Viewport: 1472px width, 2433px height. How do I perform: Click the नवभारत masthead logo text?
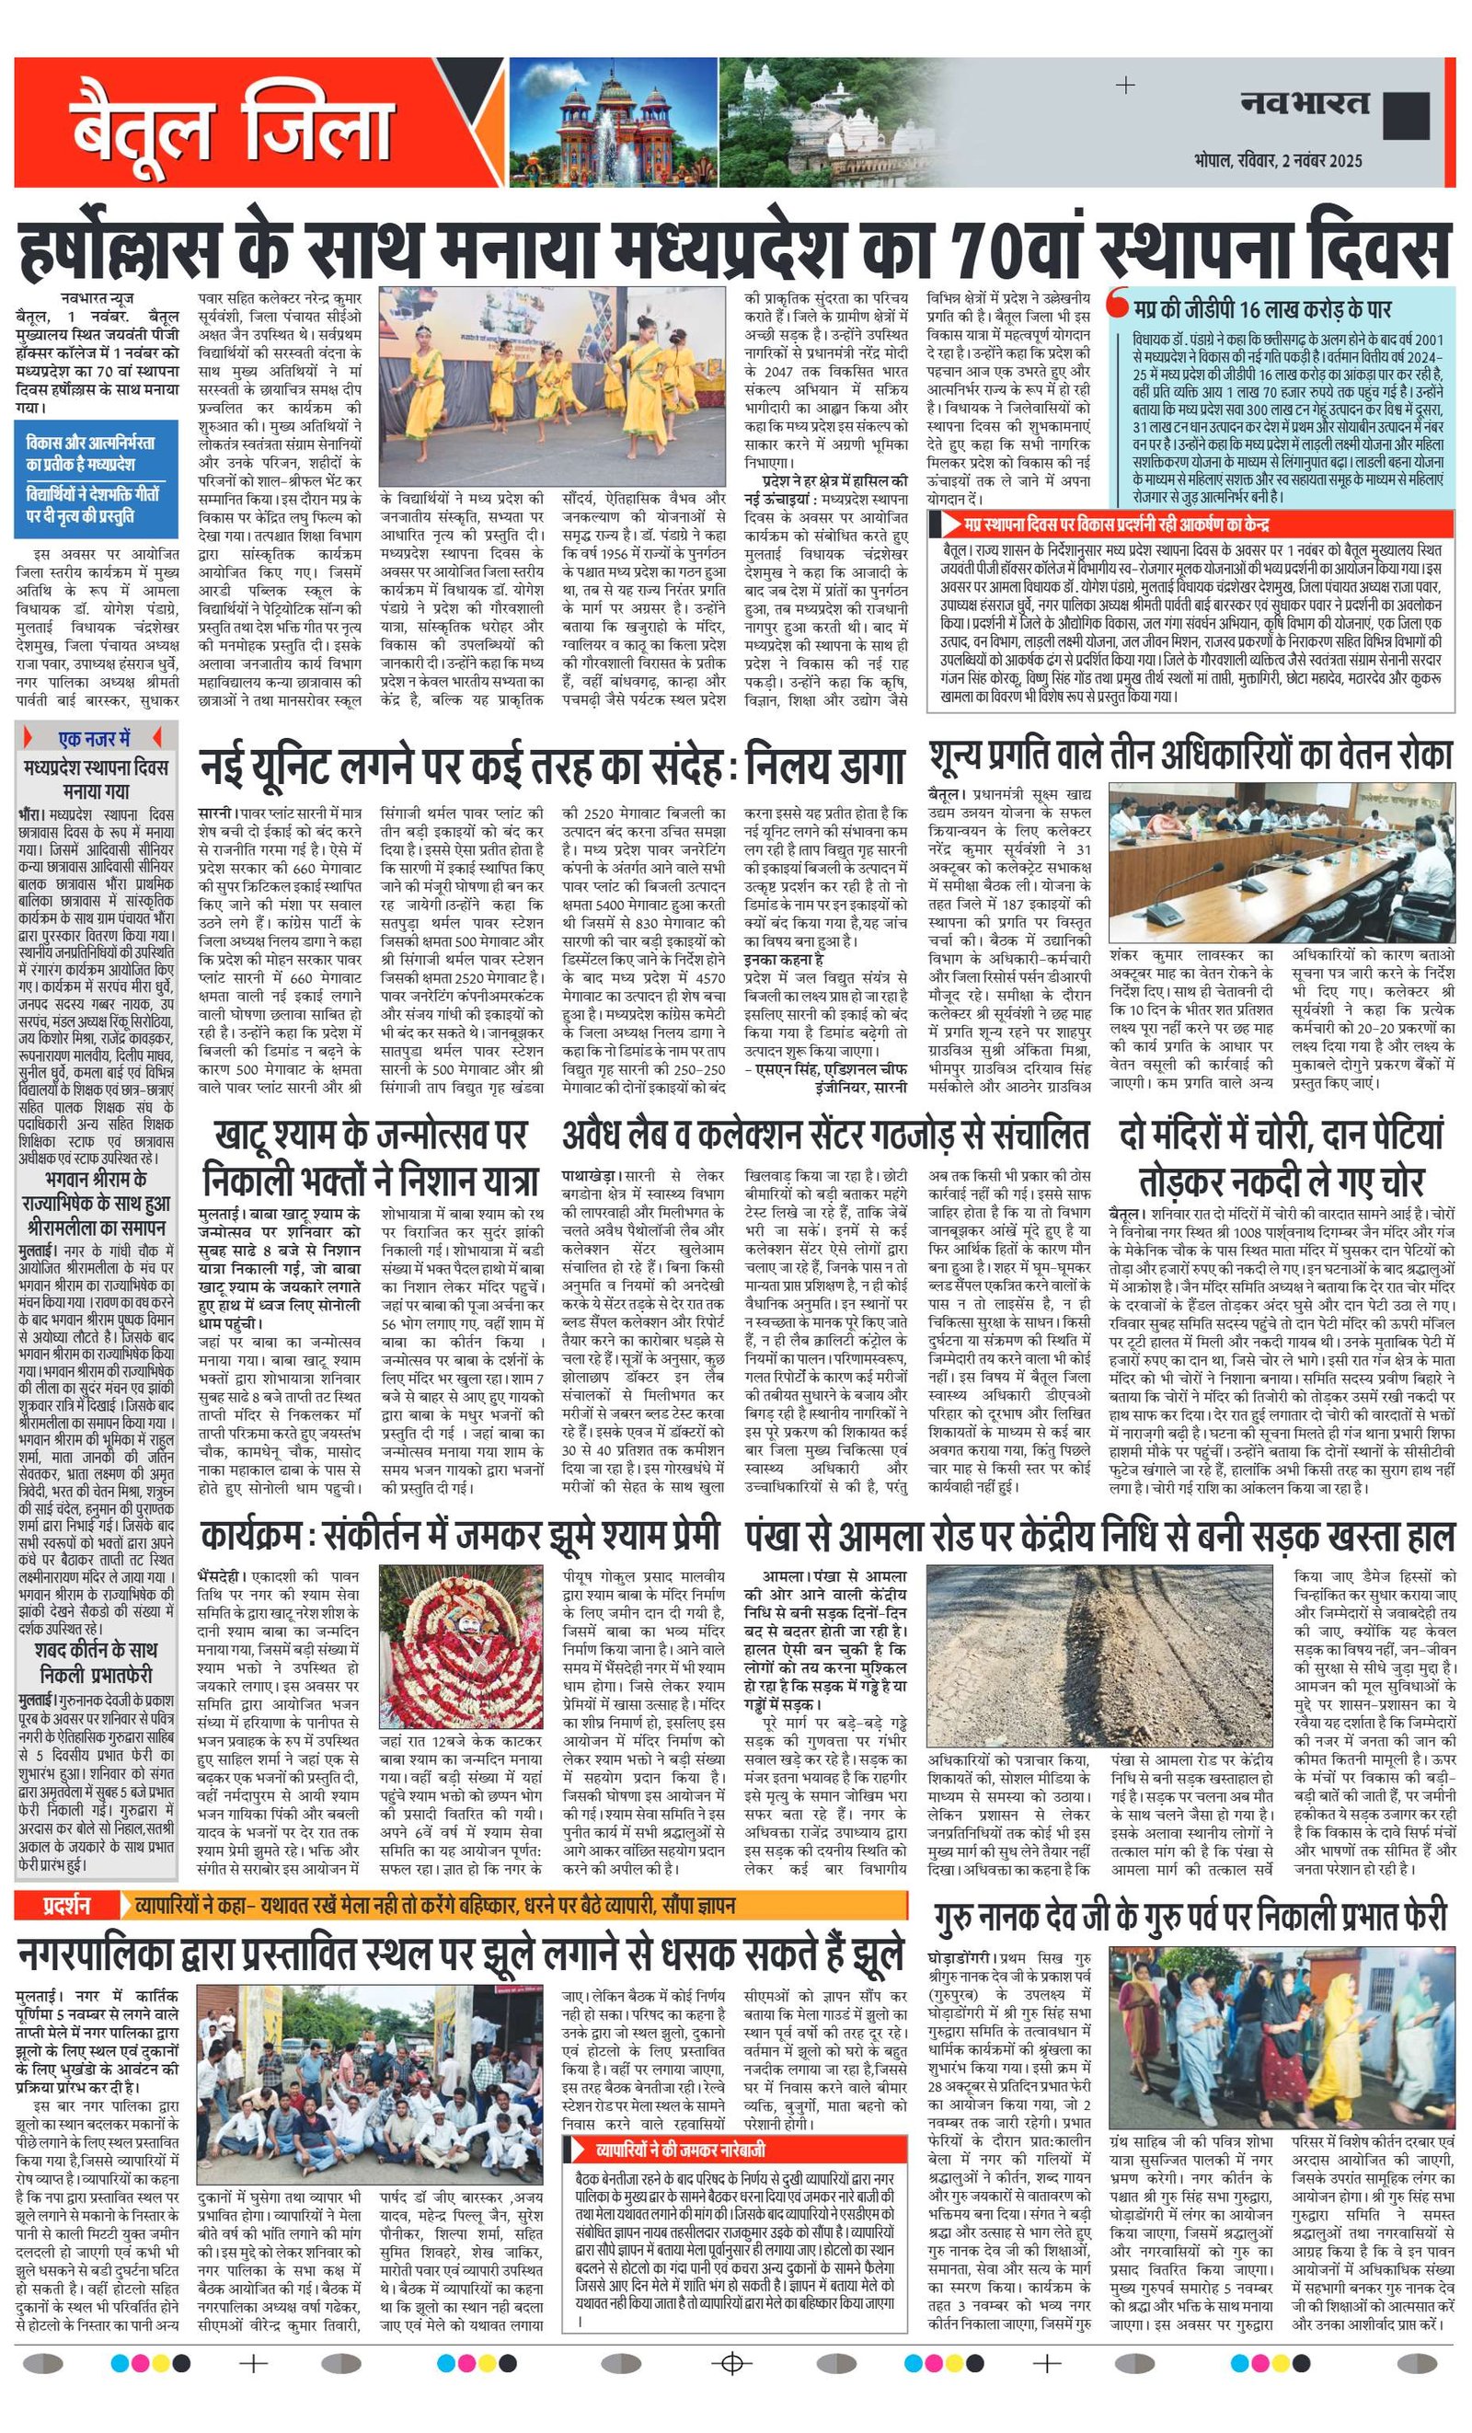[x=1305, y=102]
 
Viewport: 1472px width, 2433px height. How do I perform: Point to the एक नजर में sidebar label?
[x=94, y=738]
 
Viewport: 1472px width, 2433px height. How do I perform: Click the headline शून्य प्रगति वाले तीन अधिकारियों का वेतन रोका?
[x=1190, y=755]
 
